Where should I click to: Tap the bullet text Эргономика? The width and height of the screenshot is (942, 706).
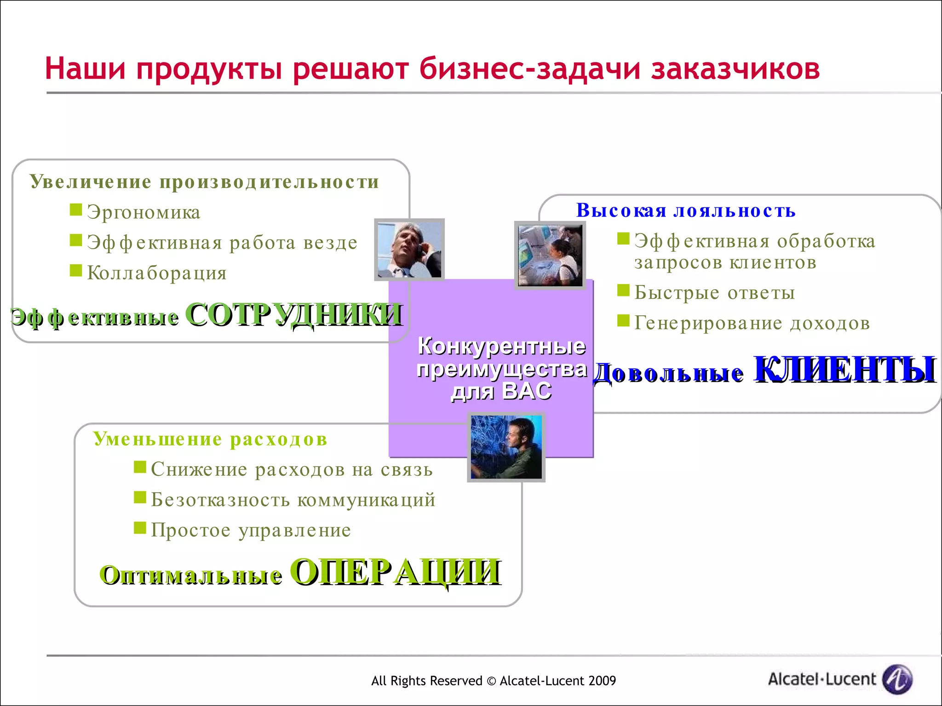(144, 212)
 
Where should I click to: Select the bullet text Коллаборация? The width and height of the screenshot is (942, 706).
(157, 273)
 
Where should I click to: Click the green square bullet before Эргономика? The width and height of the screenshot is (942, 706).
(76, 210)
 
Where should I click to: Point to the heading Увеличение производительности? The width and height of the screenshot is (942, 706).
(205, 182)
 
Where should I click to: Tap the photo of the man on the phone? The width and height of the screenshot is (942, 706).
(409, 250)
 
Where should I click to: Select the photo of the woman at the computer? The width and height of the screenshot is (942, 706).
(550, 256)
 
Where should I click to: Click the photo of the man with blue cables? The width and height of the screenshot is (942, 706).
(506, 447)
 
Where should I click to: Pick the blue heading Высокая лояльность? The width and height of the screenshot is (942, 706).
(686, 211)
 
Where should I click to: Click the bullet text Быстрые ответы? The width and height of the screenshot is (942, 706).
(714, 293)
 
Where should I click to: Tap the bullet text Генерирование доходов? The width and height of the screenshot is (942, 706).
(752, 323)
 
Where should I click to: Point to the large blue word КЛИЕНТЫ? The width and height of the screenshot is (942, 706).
(844, 370)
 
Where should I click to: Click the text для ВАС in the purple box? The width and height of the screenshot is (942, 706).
(501, 392)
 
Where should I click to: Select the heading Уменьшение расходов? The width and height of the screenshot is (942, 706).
(210, 439)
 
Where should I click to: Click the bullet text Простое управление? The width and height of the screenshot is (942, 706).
(251, 530)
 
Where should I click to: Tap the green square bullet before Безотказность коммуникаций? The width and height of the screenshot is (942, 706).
(140, 498)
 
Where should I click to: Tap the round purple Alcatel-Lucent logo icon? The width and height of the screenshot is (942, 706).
(897, 679)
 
